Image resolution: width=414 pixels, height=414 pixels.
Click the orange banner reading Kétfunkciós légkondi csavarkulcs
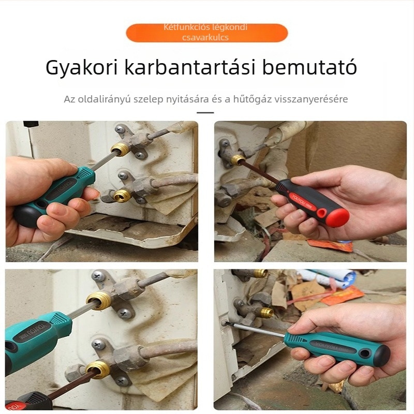[206, 33]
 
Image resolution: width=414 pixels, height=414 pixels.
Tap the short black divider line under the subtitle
[205, 112]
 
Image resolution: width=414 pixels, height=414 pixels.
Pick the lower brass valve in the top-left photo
[122, 195]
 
